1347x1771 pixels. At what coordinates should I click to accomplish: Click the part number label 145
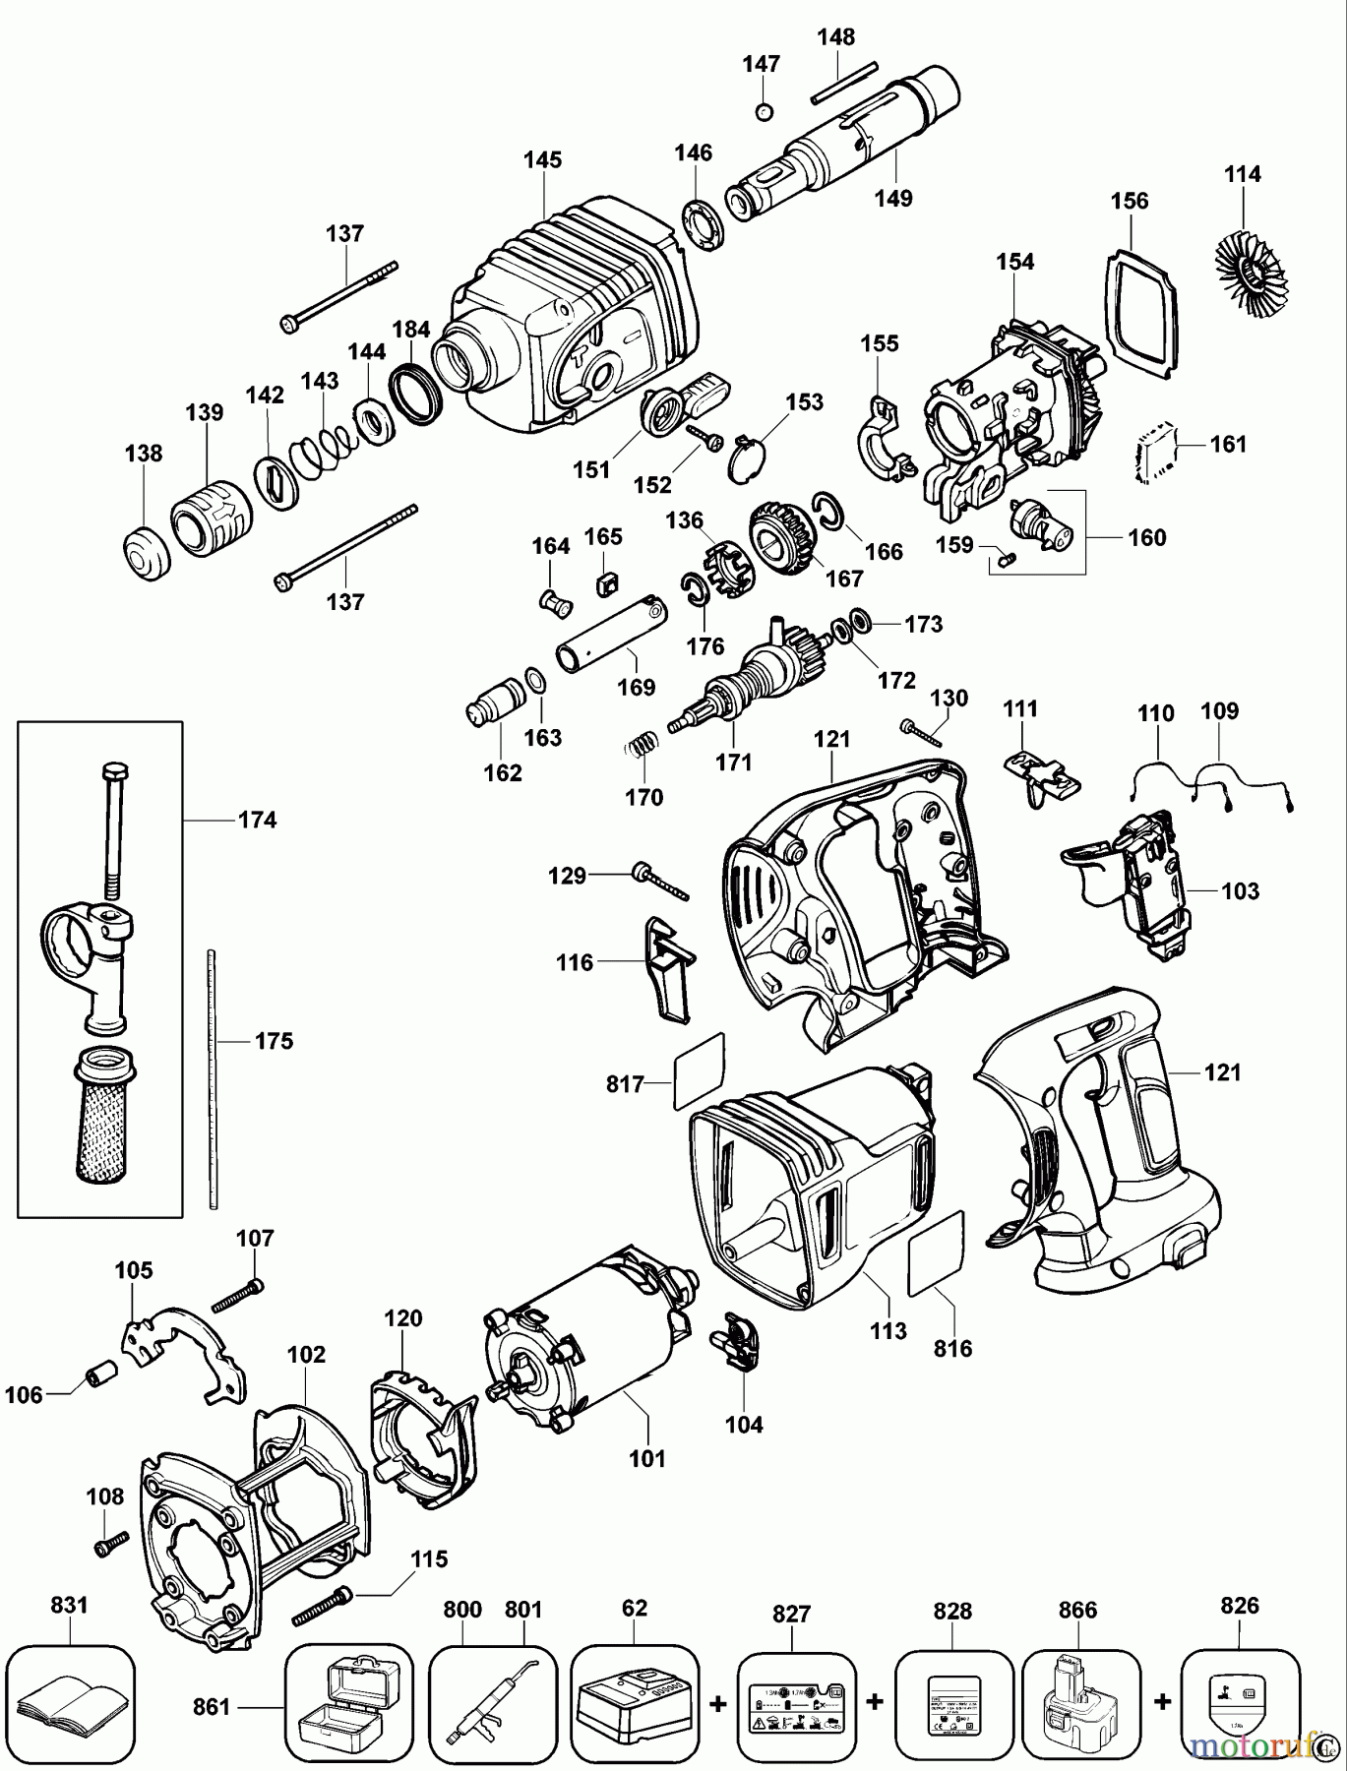point(542,159)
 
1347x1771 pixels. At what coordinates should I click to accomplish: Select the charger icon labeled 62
point(635,1700)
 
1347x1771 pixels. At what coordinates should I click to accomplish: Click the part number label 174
point(257,820)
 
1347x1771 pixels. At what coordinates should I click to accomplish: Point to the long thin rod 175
point(211,1077)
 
